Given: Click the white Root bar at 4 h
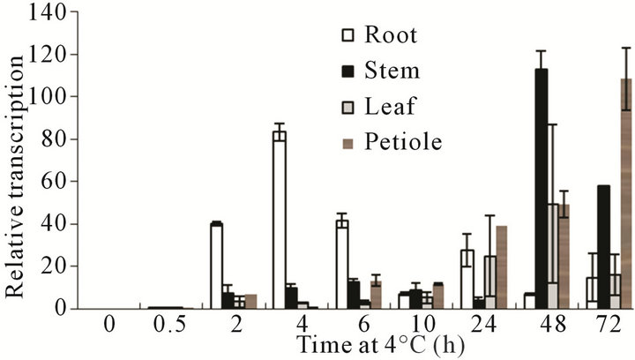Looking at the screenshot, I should point(279,221).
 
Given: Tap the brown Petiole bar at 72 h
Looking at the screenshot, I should point(626,194).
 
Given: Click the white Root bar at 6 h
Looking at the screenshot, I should point(341,265).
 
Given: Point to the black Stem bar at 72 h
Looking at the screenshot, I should point(603,247).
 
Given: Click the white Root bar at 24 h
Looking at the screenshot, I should point(467,279).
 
